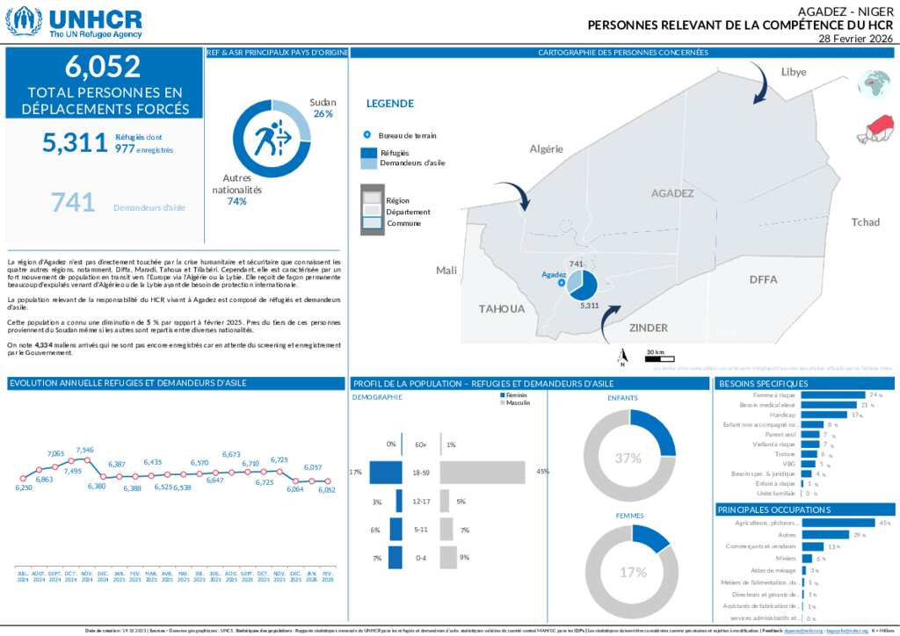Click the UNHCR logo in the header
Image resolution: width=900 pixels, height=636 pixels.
(74, 21)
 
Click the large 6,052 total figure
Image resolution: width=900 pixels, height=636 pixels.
(103, 67)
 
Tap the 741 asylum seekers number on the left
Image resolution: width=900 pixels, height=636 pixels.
(73, 203)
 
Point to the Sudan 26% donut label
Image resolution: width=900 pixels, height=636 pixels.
(323, 108)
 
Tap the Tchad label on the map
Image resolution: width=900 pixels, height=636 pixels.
(865, 222)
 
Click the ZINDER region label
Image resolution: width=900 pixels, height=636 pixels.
(648, 328)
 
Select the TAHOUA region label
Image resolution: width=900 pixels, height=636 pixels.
(502, 308)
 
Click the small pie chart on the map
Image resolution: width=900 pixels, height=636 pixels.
(582, 283)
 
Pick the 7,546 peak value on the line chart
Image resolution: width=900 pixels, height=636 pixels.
(85, 451)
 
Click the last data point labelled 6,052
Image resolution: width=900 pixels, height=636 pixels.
(327, 481)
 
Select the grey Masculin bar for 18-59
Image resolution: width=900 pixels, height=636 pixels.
(482, 473)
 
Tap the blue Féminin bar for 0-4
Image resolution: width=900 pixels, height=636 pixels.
(395, 558)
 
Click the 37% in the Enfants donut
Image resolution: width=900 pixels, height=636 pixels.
(628, 458)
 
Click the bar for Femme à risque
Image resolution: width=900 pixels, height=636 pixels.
(833, 395)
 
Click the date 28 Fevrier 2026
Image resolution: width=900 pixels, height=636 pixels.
(854, 39)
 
